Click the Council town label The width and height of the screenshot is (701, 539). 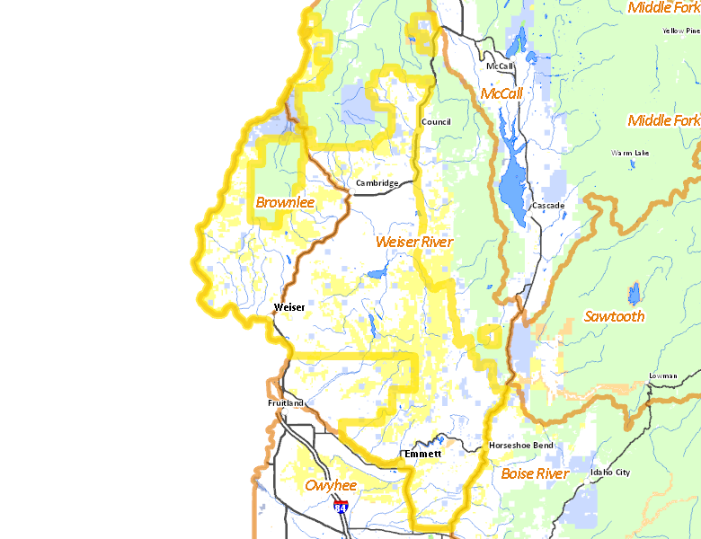(x=436, y=122)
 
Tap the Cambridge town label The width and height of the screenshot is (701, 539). (x=377, y=183)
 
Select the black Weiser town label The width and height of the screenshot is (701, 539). (x=288, y=307)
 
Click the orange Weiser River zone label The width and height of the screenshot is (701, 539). (x=413, y=243)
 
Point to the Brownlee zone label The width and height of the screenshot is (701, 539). (x=285, y=203)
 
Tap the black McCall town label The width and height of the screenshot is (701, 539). (x=499, y=66)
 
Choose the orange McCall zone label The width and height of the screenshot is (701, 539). (x=501, y=93)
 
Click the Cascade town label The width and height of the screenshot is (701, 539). (x=547, y=206)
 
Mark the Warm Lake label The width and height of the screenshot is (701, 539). (x=629, y=153)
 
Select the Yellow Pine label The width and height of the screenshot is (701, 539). (x=680, y=31)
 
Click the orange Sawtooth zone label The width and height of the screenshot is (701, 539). (x=614, y=316)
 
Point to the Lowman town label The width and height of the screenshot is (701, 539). (x=661, y=376)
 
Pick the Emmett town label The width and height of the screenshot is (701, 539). (x=422, y=455)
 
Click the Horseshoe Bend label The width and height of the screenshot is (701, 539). (x=520, y=446)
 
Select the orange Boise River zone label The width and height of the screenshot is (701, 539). (x=535, y=473)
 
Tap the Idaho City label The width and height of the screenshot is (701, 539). (x=610, y=473)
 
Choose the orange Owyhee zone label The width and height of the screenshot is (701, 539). (x=331, y=486)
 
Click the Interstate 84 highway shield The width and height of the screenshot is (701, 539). (x=341, y=508)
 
